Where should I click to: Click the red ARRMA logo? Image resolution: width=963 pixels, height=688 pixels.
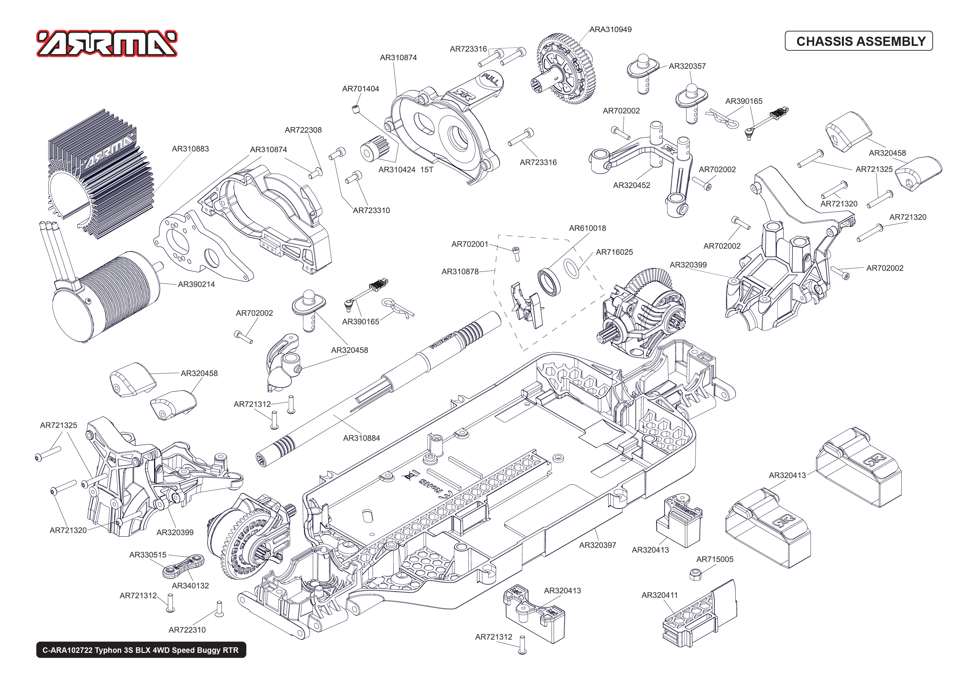click(x=107, y=43)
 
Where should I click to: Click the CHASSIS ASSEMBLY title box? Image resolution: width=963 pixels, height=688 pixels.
click(x=858, y=41)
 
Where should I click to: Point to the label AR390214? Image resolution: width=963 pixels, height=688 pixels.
click(x=196, y=284)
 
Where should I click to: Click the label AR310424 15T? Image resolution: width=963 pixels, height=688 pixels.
click(x=405, y=170)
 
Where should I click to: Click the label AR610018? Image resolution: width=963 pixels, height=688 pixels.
click(x=587, y=228)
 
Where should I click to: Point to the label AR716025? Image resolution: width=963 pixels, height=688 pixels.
click(x=614, y=252)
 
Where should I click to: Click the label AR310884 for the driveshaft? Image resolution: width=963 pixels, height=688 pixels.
click(x=361, y=438)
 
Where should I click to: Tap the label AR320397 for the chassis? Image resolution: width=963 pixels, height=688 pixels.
click(x=597, y=545)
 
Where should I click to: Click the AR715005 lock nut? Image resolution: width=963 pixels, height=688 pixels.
click(x=695, y=575)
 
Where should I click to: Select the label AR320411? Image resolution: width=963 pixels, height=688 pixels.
click(x=659, y=595)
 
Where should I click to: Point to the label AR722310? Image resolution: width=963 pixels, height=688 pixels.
click(x=187, y=630)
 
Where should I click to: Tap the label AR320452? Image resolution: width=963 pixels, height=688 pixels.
click(x=631, y=185)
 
